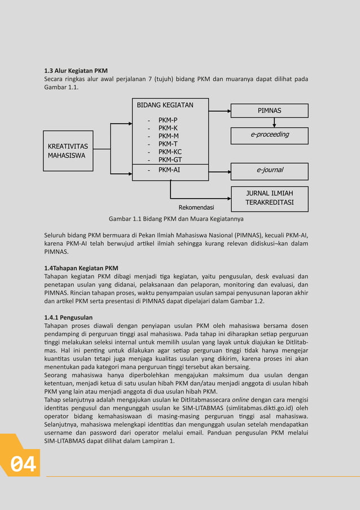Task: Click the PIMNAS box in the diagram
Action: pyautogui.click(x=269, y=111)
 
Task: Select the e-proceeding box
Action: pyautogui.click(x=269, y=135)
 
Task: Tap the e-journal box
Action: pyautogui.click(x=269, y=171)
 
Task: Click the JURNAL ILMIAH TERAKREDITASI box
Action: pyautogui.click(x=269, y=199)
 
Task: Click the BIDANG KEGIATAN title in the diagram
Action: pyautogui.click(x=165, y=105)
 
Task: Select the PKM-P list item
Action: pyautogui.click(x=168, y=120)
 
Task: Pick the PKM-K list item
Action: pyautogui.click(x=168, y=128)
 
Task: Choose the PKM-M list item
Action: pyautogui.click(x=168, y=136)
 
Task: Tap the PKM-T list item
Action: pyautogui.click(x=168, y=144)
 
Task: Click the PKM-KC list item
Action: pyautogui.click(x=170, y=152)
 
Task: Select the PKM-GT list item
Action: pyautogui.click(x=170, y=160)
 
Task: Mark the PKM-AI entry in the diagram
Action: pyautogui.click(x=169, y=169)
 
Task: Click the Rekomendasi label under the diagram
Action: pyautogui.click(x=196, y=208)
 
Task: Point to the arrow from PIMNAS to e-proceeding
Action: pyautogui.click(x=274, y=122)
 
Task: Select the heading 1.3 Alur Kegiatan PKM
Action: pyautogui.click(x=76, y=71)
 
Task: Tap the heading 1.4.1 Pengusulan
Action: pyautogui.click(x=68, y=318)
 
